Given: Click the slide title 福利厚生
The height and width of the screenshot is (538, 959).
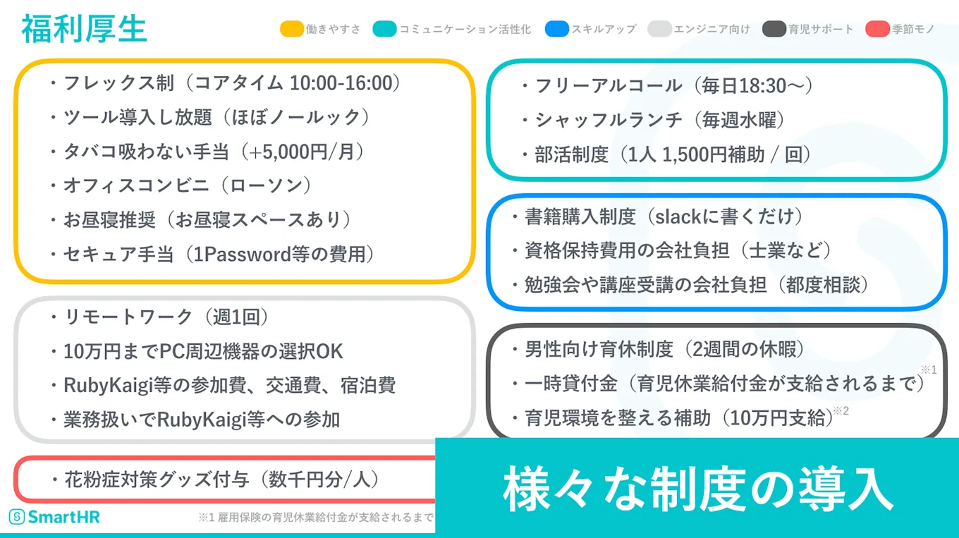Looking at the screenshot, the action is [x=84, y=30].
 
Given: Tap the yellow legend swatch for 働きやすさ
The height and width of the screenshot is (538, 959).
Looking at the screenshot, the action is [x=291, y=30].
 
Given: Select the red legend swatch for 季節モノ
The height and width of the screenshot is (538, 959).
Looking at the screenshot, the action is [x=876, y=30].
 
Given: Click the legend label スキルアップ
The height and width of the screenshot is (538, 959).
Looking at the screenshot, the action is [x=603, y=30].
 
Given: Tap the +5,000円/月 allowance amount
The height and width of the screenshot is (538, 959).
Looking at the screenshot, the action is [x=301, y=152].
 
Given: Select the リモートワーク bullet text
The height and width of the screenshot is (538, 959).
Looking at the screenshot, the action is [x=128, y=317].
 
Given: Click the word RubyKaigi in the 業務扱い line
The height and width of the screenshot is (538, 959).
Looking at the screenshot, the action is [x=203, y=420].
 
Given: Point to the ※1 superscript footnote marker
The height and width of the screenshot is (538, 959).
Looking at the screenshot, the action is [x=927, y=370].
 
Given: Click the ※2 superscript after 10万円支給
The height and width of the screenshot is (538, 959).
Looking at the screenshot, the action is [x=841, y=411].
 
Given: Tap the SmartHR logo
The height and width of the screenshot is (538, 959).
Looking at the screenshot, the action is [x=54, y=517].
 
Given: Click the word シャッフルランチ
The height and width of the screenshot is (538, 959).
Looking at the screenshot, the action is [x=609, y=120].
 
